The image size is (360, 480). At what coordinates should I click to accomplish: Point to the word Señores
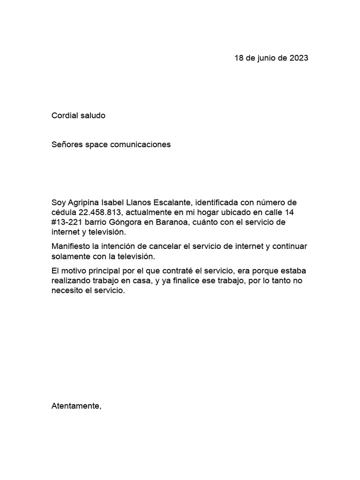[67, 144]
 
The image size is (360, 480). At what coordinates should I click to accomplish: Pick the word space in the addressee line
[97, 144]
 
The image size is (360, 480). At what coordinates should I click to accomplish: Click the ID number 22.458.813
[99, 212]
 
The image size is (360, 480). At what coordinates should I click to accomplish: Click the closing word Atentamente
[75, 406]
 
